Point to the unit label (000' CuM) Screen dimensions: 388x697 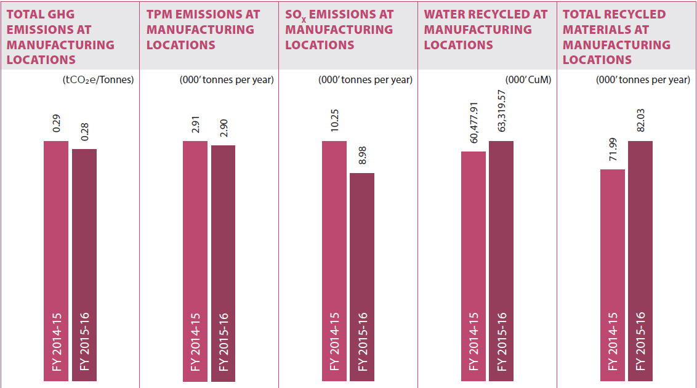point(528,79)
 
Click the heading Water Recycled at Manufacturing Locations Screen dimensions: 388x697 point(485,30)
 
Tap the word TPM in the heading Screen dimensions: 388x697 point(161,14)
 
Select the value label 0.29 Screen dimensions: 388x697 point(56,126)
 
